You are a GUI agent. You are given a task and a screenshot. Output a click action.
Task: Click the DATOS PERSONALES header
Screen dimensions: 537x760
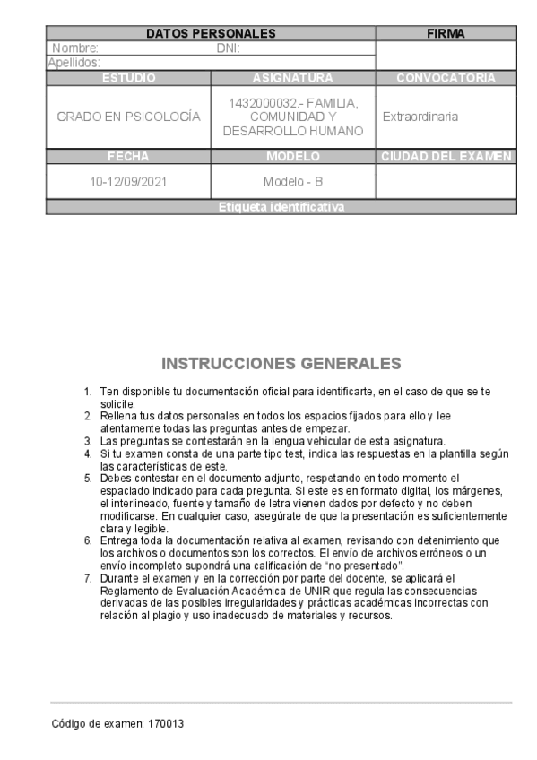pyautogui.click(x=210, y=33)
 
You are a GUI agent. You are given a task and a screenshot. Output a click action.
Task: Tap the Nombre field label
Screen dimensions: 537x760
pyautogui.click(x=74, y=48)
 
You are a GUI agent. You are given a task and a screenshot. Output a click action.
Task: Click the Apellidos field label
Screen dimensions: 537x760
pyautogui.click(x=74, y=62)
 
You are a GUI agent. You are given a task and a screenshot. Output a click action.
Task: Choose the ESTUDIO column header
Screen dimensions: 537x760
pyautogui.click(x=128, y=78)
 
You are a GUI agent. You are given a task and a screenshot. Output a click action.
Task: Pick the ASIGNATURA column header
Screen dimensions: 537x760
pyautogui.click(x=292, y=78)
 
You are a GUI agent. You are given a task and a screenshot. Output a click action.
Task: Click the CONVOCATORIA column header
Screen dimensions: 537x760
pyautogui.click(x=446, y=78)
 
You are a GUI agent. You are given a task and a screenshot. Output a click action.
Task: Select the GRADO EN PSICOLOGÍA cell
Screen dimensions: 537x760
pyautogui.click(x=128, y=117)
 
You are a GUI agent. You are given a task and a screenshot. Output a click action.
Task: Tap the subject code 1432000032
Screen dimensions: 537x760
pyautogui.click(x=262, y=104)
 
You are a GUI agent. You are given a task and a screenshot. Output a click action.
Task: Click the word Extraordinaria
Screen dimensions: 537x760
pyautogui.click(x=420, y=117)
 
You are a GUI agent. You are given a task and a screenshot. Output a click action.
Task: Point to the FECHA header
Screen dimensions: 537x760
pyautogui.click(x=128, y=156)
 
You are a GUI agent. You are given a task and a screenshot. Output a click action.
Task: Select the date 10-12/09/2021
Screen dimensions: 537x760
pyautogui.click(x=128, y=181)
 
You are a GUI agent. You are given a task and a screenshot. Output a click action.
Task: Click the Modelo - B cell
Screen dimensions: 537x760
pyautogui.click(x=292, y=181)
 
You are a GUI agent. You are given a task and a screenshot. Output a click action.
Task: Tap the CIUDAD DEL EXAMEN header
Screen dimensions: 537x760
pyautogui.click(x=446, y=156)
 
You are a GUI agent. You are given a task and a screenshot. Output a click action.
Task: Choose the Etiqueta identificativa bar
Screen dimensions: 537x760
pyautogui.click(x=281, y=207)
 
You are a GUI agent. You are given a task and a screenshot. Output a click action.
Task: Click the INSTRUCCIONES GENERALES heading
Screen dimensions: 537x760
pyautogui.click(x=281, y=364)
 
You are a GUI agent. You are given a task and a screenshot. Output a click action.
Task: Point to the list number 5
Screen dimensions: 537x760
pyautogui.click(x=88, y=478)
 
